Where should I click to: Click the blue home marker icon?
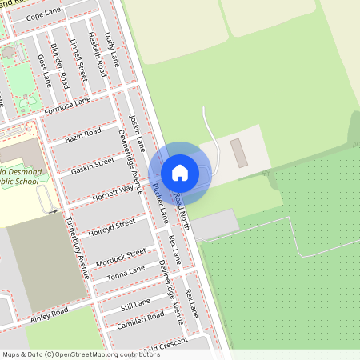180,172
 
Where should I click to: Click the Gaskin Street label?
93,165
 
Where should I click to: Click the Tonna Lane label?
126,275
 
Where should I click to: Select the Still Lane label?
135,304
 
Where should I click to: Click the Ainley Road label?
50,311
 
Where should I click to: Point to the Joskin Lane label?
137,133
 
